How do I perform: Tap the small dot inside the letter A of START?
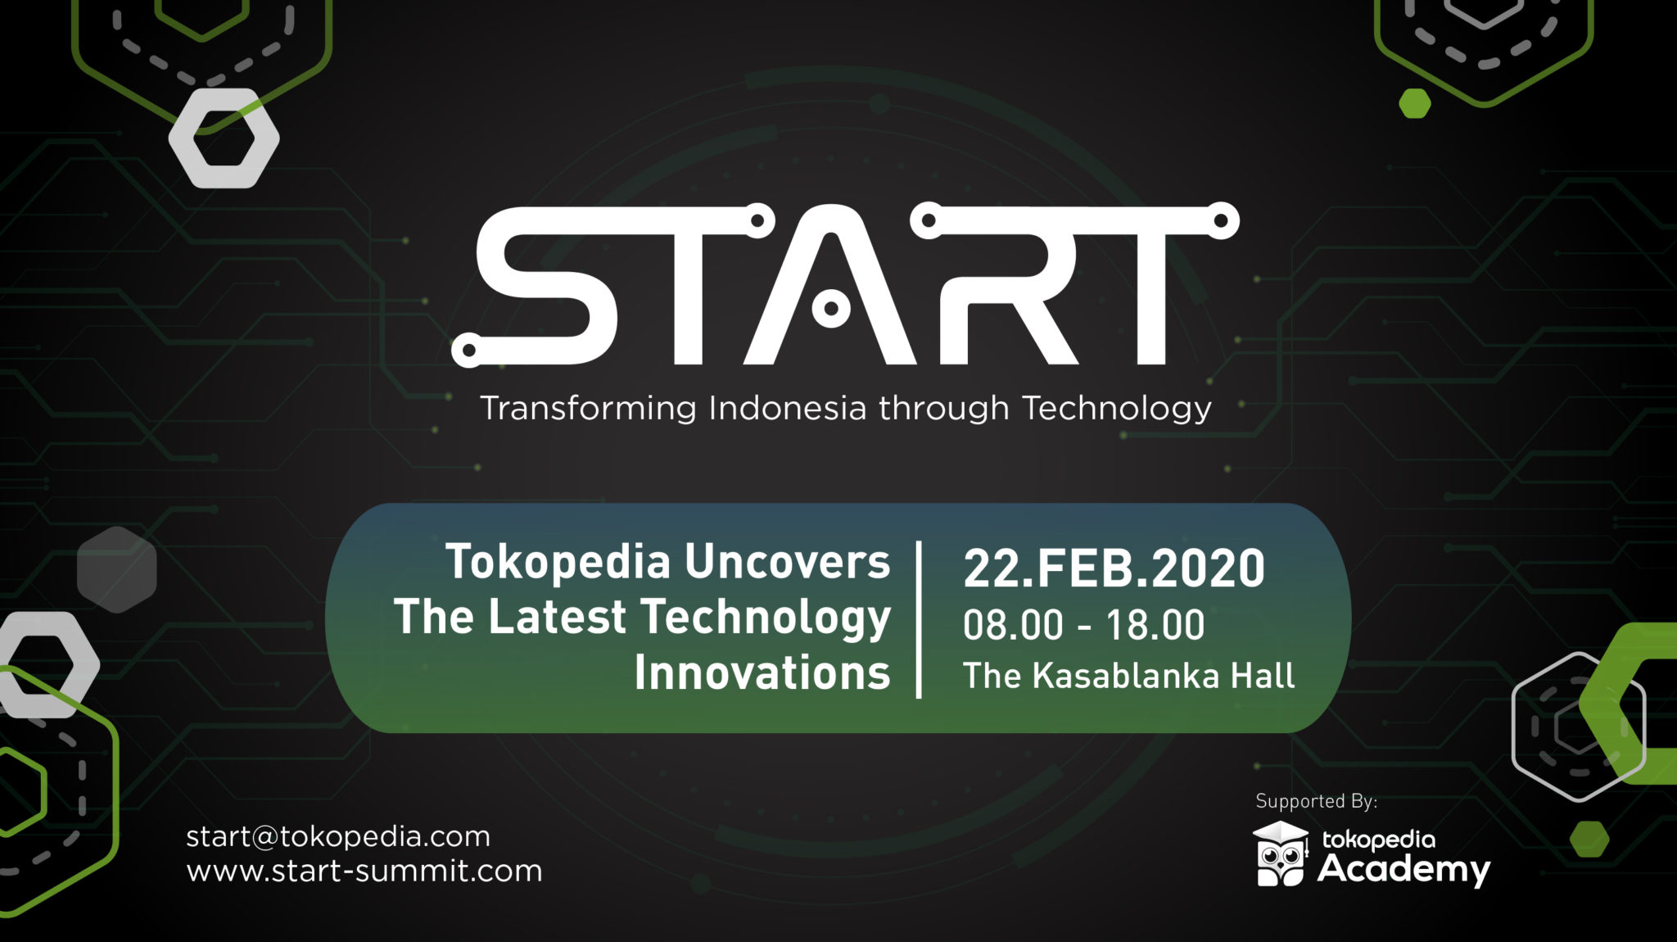click(x=831, y=309)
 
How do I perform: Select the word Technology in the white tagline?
click(x=1116, y=408)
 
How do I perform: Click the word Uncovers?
click(x=787, y=562)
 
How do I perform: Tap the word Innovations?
click(x=762, y=673)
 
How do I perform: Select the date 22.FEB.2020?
click(x=1114, y=568)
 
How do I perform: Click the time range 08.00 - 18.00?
click(x=1083, y=626)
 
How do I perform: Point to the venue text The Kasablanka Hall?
click(x=1128, y=676)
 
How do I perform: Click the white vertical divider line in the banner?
click(x=919, y=619)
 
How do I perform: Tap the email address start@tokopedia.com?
click(x=338, y=836)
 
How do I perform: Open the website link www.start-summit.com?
click(x=364, y=871)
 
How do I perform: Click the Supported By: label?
click(x=1316, y=801)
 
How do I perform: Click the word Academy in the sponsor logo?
click(x=1404, y=870)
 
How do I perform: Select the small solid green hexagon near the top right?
click(x=1414, y=104)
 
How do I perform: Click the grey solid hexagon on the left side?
click(x=116, y=569)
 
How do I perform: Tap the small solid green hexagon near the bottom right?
click(x=1589, y=839)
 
